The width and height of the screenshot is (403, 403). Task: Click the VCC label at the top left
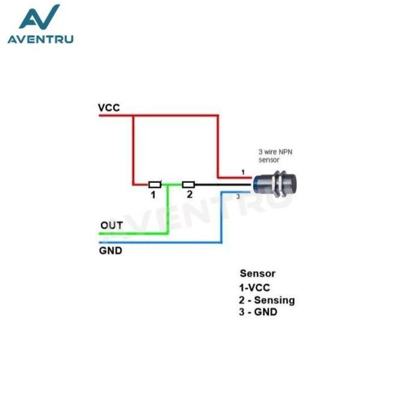(x=109, y=108)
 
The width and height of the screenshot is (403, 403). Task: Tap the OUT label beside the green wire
(x=112, y=225)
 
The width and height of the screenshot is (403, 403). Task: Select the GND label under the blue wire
(x=110, y=250)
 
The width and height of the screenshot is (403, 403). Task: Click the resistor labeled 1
(x=155, y=184)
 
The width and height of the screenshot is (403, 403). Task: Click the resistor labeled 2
(x=188, y=184)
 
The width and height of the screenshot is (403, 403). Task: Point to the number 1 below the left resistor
(x=153, y=195)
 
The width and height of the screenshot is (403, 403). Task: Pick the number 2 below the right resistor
(x=189, y=194)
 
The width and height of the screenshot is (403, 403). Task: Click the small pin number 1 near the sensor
(x=242, y=173)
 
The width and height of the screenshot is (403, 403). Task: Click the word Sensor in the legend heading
(x=257, y=274)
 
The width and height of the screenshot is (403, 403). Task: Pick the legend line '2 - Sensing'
(x=267, y=300)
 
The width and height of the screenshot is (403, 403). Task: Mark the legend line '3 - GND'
(x=259, y=312)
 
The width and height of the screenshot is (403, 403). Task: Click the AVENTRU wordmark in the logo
(x=40, y=40)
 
